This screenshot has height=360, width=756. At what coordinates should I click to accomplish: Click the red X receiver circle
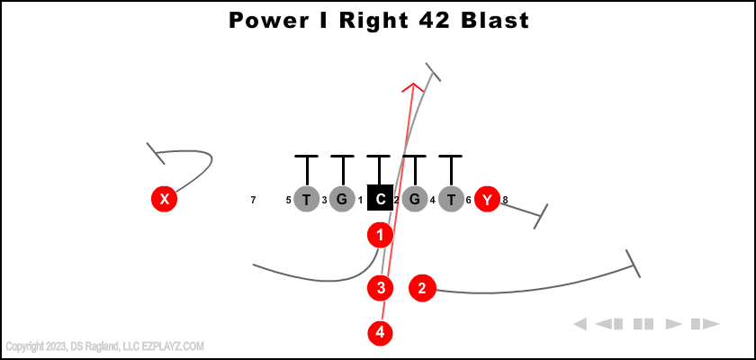pyautogui.click(x=164, y=199)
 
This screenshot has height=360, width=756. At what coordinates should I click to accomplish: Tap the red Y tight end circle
pyautogui.click(x=487, y=199)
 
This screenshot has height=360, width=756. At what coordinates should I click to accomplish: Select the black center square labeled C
pyautogui.click(x=381, y=199)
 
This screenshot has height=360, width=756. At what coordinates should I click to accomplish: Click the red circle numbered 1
pyautogui.click(x=381, y=236)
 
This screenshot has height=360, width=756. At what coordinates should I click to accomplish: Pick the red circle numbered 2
pyautogui.click(x=422, y=288)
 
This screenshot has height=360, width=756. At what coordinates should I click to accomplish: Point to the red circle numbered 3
pyautogui.click(x=381, y=288)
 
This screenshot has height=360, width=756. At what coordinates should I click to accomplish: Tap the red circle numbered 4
pyautogui.click(x=381, y=332)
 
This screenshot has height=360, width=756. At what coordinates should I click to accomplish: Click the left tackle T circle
pyautogui.click(x=307, y=199)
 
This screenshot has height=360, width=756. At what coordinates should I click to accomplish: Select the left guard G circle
pyautogui.click(x=342, y=199)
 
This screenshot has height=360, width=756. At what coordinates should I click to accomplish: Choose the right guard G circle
pyautogui.click(x=415, y=199)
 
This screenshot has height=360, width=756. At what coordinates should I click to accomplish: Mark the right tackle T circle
pyautogui.click(x=451, y=199)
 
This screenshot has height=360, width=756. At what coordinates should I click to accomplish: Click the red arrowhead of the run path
pyautogui.click(x=413, y=86)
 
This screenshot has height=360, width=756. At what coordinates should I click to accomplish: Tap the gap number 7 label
pyautogui.click(x=254, y=200)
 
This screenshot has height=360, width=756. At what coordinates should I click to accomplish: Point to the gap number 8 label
pyautogui.click(x=506, y=200)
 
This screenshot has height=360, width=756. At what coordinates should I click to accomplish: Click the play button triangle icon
pyautogui.click(x=673, y=323)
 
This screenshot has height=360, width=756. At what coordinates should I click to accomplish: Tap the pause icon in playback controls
pyautogui.click(x=643, y=323)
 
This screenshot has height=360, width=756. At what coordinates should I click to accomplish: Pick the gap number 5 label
pyautogui.click(x=288, y=200)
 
